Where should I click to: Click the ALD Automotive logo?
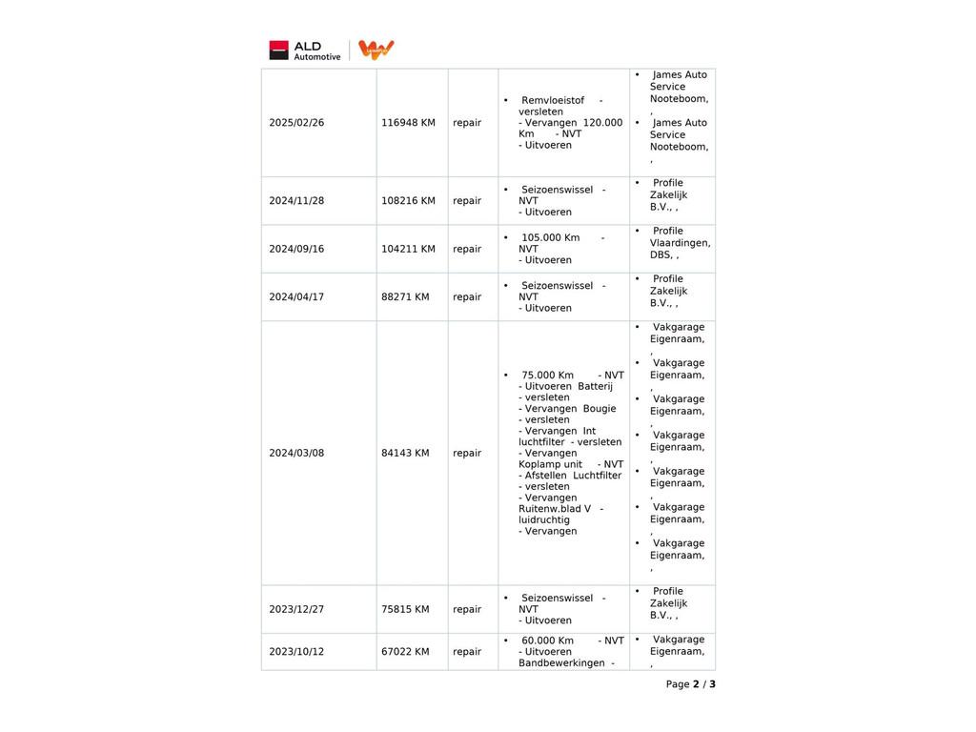click(x=305, y=51)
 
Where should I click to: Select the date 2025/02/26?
click(x=296, y=123)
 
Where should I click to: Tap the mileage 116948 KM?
click(x=408, y=123)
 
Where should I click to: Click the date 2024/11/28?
click(x=296, y=201)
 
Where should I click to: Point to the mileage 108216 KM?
click(x=408, y=201)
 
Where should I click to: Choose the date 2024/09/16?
click(x=296, y=249)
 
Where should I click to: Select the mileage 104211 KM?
click(x=408, y=249)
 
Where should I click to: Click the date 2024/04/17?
click(x=296, y=297)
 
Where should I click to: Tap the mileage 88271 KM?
click(x=405, y=297)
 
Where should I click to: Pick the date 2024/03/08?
click(x=296, y=454)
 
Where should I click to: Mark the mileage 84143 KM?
click(x=405, y=454)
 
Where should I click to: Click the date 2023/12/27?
click(x=296, y=610)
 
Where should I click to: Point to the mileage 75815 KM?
click(x=405, y=610)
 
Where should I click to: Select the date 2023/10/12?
click(x=296, y=652)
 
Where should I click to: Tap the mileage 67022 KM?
click(x=405, y=652)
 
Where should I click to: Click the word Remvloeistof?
click(x=553, y=101)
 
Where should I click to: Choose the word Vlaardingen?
click(x=680, y=243)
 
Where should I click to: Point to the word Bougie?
click(x=600, y=409)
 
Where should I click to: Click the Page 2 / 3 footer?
click(x=690, y=684)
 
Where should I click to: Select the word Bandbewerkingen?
click(x=561, y=663)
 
